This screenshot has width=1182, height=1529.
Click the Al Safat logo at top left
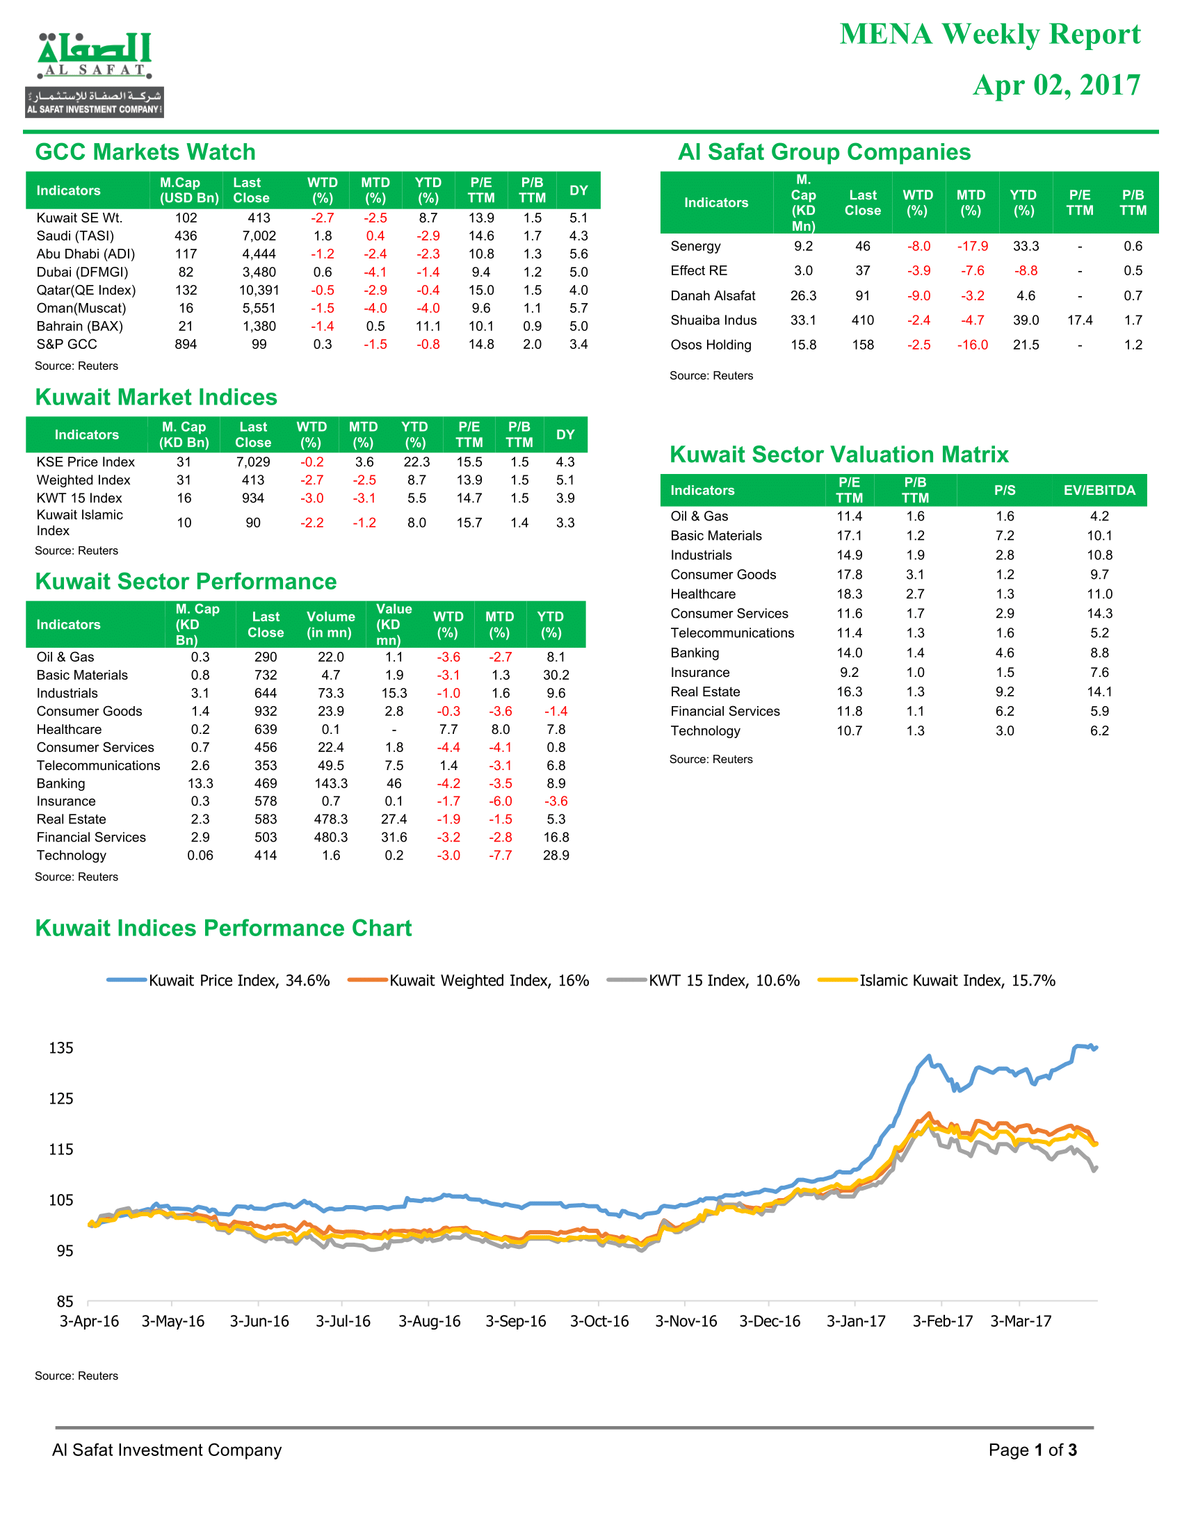(x=95, y=74)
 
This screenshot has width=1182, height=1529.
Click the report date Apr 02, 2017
(x=1057, y=85)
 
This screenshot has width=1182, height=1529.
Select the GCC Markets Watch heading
(x=145, y=152)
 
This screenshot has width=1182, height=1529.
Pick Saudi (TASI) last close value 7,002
(x=259, y=236)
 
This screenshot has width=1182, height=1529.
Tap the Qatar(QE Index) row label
(x=86, y=290)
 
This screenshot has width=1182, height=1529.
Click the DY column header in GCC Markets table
(x=578, y=190)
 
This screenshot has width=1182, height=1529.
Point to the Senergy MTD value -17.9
(x=973, y=247)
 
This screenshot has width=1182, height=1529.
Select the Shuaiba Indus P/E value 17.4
(x=1080, y=320)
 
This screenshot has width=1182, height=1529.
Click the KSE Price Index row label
(x=86, y=462)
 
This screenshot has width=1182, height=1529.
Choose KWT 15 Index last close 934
(x=253, y=498)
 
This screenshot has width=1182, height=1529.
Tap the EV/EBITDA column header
(x=1099, y=490)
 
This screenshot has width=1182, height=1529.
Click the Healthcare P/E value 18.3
(x=850, y=594)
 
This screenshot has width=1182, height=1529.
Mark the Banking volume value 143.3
(x=331, y=783)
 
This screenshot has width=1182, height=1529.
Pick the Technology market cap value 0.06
(x=200, y=856)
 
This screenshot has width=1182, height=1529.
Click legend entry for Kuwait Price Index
(x=218, y=980)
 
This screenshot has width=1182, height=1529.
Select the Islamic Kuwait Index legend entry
(x=937, y=980)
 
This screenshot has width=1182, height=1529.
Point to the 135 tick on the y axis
(x=61, y=1048)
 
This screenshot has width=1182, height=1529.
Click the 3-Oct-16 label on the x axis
(x=599, y=1321)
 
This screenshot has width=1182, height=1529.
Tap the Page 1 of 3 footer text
(x=1032, y=1450)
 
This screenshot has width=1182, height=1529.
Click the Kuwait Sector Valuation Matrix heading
(x=839, y=455)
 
